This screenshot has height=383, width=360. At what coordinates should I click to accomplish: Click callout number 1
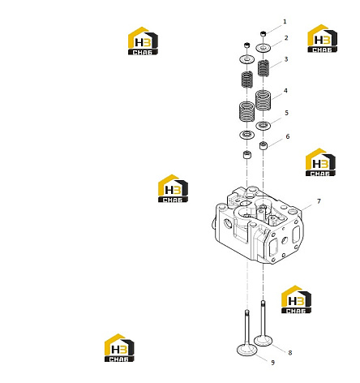click(285, 22)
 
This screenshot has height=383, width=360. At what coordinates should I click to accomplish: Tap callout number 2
click(286, 38)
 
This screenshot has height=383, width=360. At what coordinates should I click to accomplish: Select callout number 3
click(286, 59)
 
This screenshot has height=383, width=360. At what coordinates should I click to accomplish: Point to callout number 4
click(285, 91)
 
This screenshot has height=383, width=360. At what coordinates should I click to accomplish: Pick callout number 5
click(287, 113)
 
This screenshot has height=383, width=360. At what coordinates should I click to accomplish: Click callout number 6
click(288, 136)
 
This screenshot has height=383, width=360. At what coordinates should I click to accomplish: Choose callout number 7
click(319, 201)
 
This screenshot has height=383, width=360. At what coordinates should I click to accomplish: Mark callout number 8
click(290, 353)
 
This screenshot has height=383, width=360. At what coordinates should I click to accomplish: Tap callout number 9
click(272, 363)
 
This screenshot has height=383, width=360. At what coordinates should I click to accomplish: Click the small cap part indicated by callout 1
click(264, 34)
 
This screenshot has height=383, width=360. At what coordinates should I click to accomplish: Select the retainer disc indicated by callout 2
click(264, 48)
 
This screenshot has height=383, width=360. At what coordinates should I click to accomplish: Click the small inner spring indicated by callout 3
click(264, 68)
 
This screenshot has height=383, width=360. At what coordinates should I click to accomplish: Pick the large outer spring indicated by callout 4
click(264, 101)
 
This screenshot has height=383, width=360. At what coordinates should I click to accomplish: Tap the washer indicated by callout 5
click(264, 126)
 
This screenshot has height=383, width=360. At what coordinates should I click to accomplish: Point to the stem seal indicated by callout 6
click(264, 145)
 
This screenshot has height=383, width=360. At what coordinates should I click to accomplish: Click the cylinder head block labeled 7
click(258, 225)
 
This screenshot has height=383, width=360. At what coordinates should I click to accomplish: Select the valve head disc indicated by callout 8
click(264, 341)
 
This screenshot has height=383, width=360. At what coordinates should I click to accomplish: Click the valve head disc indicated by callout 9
click(246, 351)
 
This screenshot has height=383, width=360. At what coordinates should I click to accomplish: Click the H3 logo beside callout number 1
click(323, 38)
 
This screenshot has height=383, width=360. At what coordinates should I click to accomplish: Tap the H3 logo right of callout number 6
click(320, 162)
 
